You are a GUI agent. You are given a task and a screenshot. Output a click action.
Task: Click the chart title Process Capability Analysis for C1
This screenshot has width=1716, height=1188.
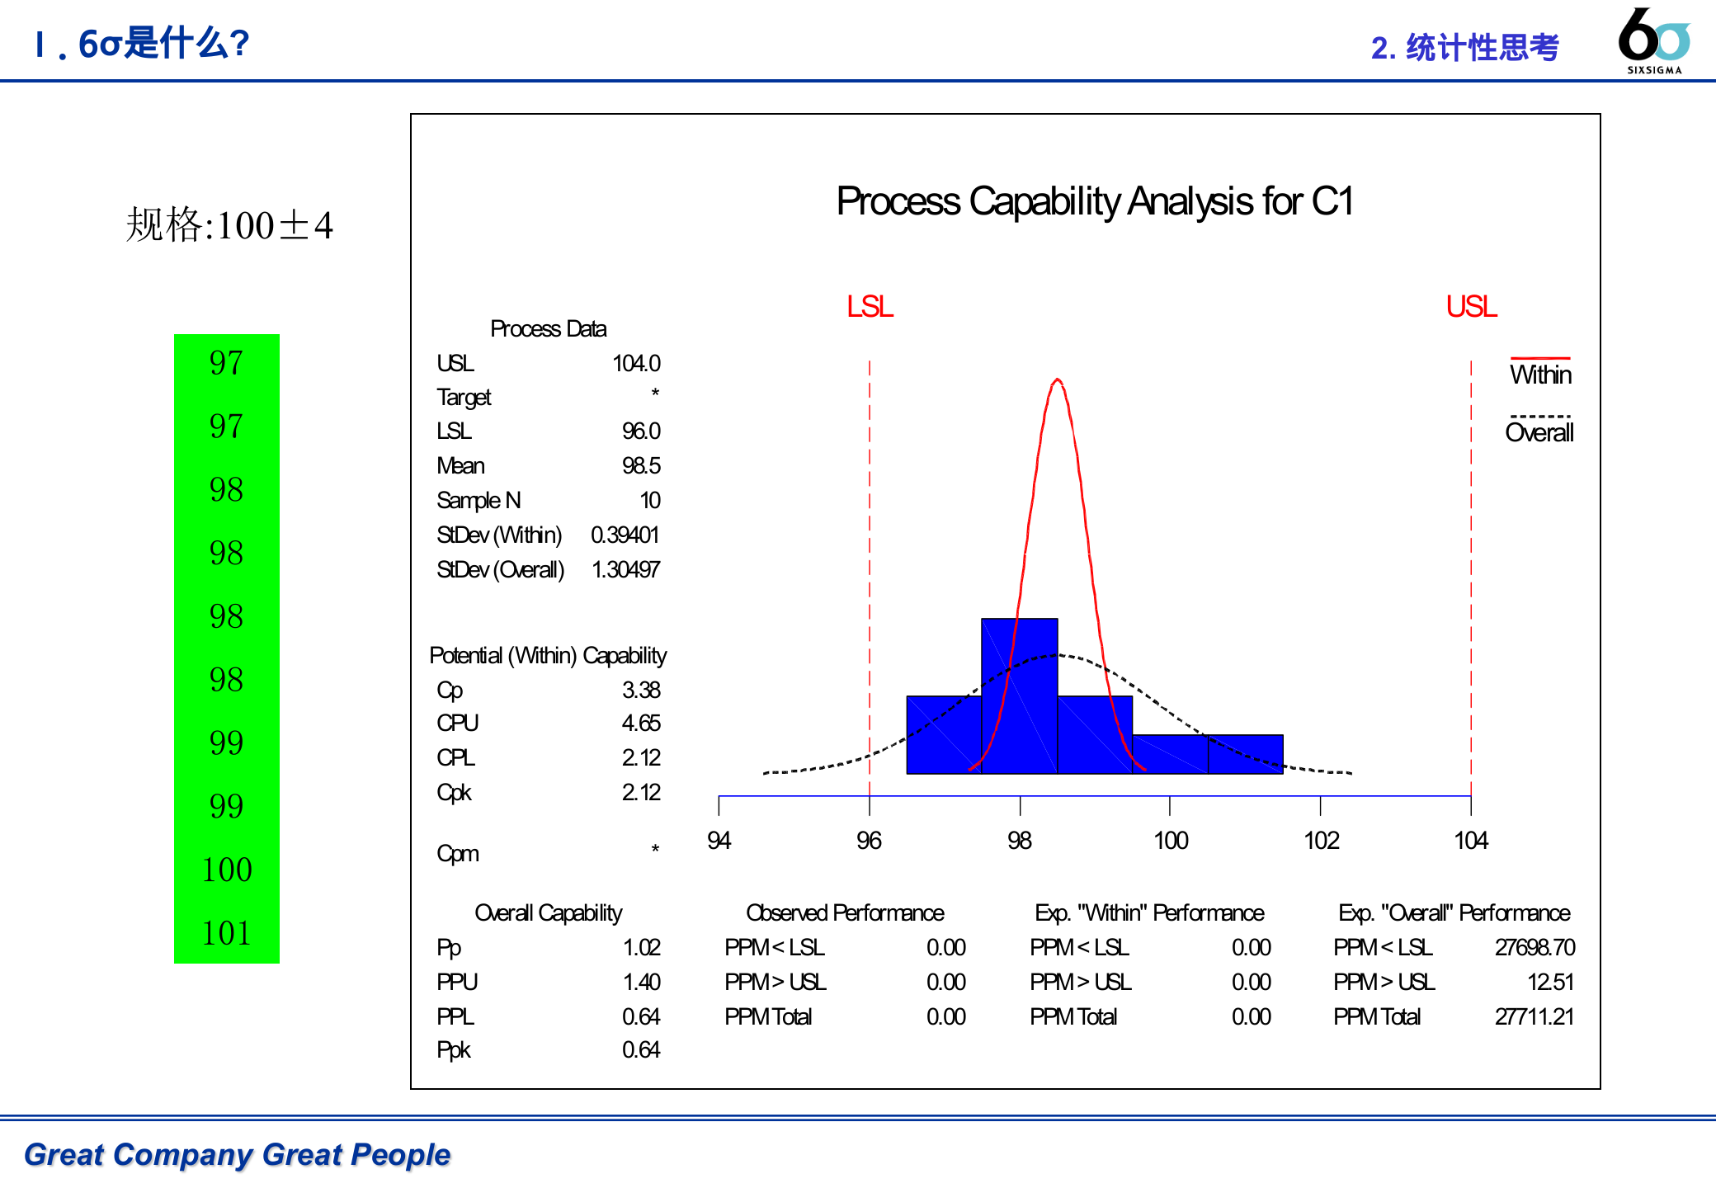[1095, 201]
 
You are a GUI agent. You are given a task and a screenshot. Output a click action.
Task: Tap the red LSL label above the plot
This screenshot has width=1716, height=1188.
[870, 307]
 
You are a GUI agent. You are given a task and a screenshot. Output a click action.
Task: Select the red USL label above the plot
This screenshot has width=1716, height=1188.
[1471, 307]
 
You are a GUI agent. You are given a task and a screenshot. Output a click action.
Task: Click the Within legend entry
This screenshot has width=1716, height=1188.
[1540, 375]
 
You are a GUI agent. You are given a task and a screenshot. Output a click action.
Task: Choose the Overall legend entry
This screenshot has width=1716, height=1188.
[1539, 432]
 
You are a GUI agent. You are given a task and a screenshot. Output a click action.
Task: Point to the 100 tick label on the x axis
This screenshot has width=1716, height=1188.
[1170, 841]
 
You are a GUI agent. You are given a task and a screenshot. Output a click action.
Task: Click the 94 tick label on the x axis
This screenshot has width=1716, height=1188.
[719, 841]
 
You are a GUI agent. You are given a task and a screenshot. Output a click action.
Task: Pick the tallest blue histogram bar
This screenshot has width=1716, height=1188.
[1019, 695]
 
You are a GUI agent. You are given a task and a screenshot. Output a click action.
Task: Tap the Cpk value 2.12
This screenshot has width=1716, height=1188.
[641, 793]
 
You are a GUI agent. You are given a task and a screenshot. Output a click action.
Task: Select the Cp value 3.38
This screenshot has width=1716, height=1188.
[641, 690]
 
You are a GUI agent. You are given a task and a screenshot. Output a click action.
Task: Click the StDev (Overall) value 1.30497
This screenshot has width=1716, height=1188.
[625, 569]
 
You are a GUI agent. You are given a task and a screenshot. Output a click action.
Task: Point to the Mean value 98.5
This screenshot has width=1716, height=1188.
[641, 466]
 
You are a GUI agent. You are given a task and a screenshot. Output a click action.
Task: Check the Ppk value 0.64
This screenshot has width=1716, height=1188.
[641, 1050]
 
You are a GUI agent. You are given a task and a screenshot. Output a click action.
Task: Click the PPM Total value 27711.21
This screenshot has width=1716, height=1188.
[1534, 1016]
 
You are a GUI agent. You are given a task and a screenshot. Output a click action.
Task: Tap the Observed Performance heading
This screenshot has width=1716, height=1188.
[845, 913]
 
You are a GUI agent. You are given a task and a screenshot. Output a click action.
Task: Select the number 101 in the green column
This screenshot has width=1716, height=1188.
[227, 933]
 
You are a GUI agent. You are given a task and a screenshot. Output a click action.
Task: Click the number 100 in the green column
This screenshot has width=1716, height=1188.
[227, 870]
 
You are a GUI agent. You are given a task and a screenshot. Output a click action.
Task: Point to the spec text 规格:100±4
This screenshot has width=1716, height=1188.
[229, 225]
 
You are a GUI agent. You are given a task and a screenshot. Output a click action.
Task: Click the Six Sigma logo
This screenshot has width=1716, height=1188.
[1654, 40]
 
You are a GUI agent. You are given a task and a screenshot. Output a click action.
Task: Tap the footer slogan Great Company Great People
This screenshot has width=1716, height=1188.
[238, 1154]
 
